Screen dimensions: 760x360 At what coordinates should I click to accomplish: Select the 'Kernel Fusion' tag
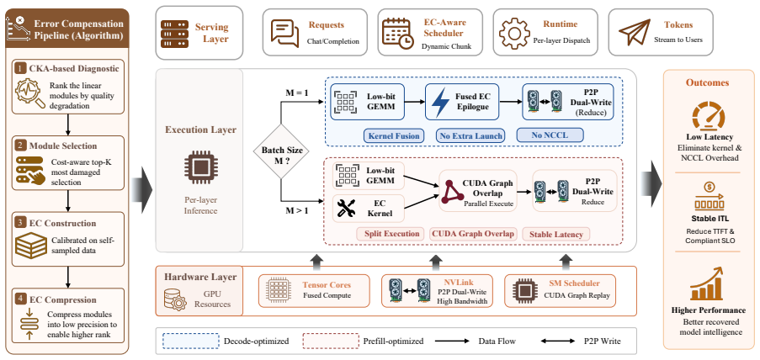(394, 136)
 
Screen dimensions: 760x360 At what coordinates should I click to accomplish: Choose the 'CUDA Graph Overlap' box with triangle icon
(478, 190)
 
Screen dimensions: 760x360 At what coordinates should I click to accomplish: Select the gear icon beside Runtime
(516, 33)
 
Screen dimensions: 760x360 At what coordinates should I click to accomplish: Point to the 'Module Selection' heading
(63, 146)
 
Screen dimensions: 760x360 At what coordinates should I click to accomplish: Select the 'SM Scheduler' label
(574, 283)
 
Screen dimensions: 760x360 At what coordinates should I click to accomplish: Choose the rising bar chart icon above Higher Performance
(710, 286)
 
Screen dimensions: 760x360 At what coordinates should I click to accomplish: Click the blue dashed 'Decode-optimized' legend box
(189, 341)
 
